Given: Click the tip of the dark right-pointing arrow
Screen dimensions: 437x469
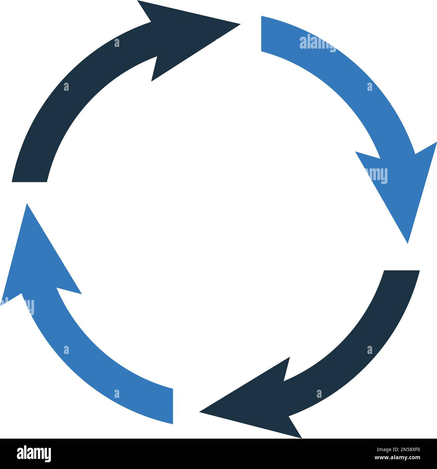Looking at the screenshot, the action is (x=240, y=24).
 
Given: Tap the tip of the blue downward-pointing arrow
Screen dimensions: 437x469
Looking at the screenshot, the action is (x=408, y=243).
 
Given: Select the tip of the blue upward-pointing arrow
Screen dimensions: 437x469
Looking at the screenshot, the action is (x=27, y=204).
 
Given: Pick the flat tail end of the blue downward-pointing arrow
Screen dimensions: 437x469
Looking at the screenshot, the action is (x=261, y=33).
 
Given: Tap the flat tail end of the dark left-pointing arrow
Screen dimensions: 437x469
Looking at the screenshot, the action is (x=402, y=271).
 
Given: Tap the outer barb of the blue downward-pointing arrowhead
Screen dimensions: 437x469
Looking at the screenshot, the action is (x=436, y=142).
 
